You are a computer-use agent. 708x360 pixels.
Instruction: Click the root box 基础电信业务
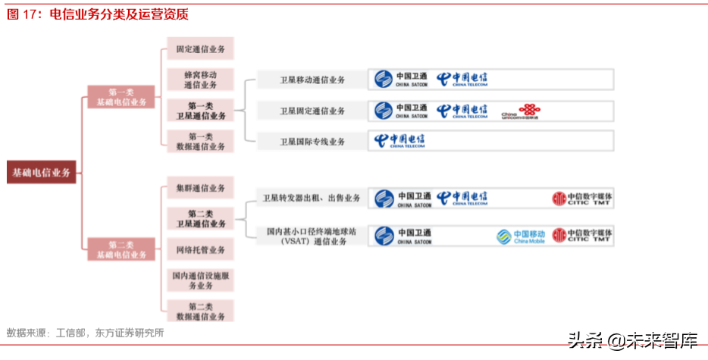42,172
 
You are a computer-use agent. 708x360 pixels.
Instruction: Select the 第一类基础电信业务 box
121,97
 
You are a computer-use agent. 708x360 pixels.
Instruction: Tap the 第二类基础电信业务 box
121,250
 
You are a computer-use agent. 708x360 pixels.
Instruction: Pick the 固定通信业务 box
201,49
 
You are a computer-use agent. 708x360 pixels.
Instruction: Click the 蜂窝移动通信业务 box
201,80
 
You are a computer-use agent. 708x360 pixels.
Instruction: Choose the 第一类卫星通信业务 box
201,111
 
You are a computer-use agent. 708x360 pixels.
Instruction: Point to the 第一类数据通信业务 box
201,142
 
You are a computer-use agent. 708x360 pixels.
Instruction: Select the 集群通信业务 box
201,188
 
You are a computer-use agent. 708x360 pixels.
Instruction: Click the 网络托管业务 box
201,249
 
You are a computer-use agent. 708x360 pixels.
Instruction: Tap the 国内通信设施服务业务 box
201,280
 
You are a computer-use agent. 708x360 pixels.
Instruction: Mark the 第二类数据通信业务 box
201,311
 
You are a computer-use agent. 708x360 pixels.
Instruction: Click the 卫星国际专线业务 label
312,142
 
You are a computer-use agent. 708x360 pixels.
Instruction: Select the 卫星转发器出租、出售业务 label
312,198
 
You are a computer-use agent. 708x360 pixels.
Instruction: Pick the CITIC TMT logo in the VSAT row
581,236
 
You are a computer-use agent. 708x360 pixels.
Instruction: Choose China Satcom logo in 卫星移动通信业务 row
402,80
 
